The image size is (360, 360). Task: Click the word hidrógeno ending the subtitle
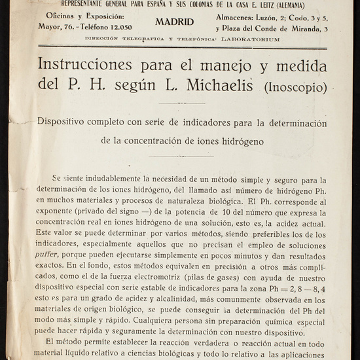pos(238,140)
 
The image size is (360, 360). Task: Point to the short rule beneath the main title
pos(172,103)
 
